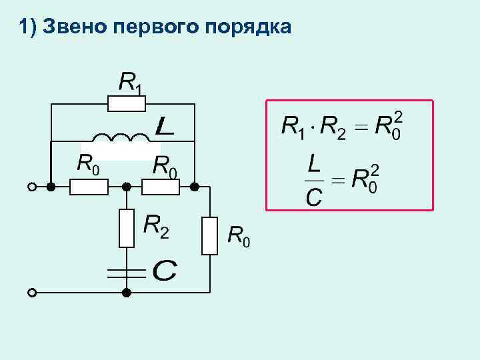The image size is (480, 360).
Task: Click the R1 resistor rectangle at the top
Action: pyautogui.click(x=126, y=103)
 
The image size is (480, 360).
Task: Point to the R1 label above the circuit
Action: pyautogui.click(x=131, y=83)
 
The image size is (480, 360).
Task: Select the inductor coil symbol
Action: pyautogui.click(x=121, y=138)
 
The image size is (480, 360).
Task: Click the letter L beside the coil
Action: pyautogui.click(x=164, y=126)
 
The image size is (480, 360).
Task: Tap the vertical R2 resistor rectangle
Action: pyautogui.click(x=126, y=227)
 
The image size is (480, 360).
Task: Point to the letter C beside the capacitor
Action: pyautogui.click(x=164, y=271)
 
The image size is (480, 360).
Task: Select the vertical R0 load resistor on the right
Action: pyautogui.click(x=209, y=235)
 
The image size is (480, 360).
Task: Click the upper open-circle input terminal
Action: pyautogui.click(x=31, y=187)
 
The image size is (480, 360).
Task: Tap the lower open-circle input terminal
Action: pyautogui.click(x=31, y=292)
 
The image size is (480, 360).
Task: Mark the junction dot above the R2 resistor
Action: pyautogui.click(x=126, y=187)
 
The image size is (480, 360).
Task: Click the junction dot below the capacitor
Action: pyautogui.click(x=126, y=292)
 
